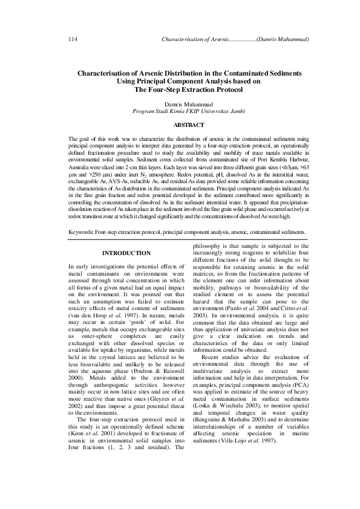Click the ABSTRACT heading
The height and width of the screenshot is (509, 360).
[180, 125]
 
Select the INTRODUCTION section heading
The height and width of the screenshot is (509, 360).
[126, 252]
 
